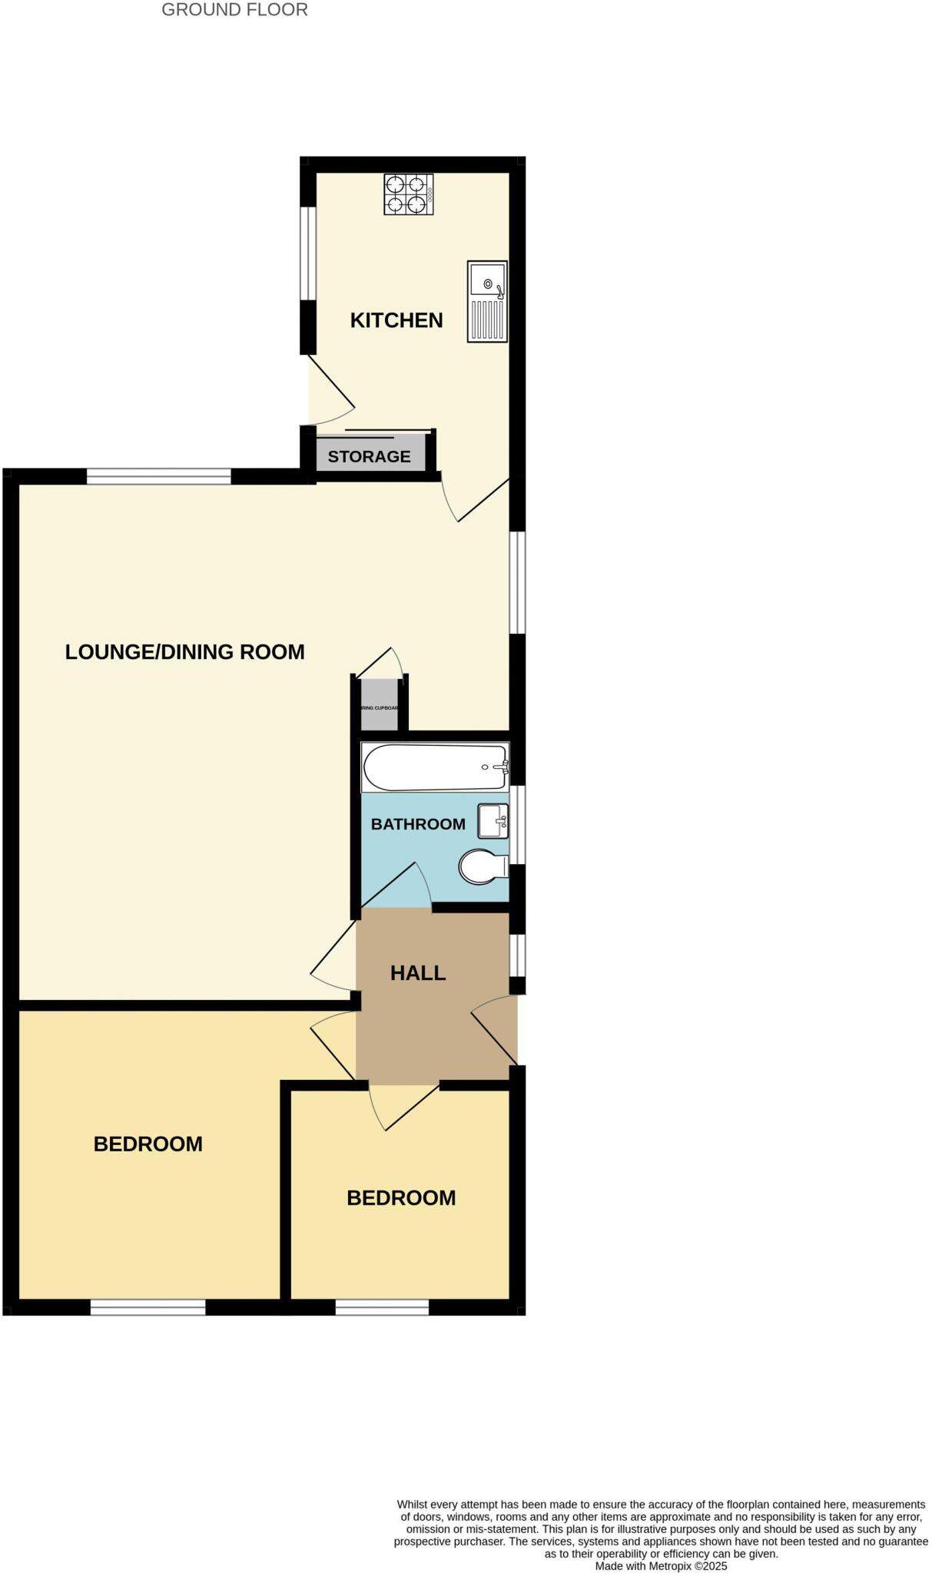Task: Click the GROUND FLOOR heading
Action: [234, 10]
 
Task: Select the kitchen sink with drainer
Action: [487, 301]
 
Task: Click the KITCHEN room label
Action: [396, 320]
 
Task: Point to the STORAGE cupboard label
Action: [369, 456]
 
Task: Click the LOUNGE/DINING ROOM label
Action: [184, 652]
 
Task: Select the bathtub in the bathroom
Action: [434, 767]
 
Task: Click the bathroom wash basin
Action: [493, 821]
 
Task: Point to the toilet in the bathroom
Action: [483, 867]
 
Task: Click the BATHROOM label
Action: [418, 824]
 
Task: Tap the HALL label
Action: [417, 973]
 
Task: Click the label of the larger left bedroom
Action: [148, 1144]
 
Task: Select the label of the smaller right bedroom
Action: [401, 1198]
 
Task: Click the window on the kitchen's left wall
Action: [308, 253]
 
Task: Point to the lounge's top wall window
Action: [158, 477]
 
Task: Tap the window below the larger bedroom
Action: [148, 1307]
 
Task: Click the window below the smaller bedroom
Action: [382, 1307]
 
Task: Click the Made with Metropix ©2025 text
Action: [661, 1565]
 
